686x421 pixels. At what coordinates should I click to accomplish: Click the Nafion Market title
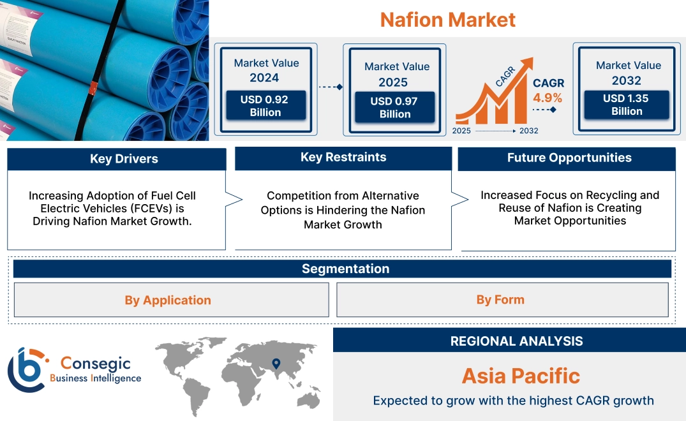pos(447,20)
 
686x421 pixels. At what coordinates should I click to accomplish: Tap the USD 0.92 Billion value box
pos(265,105)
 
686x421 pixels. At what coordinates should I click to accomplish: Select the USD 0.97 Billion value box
pos(394,107)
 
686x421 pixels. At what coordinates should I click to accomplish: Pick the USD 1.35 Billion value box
pos(627,105)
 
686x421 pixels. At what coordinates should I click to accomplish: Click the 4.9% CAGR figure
pos(548,98)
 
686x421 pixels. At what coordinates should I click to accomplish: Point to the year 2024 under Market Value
pos(264,78)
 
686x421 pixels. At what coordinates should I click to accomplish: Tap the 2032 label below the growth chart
pos(528,131)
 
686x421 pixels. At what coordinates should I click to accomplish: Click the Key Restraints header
pos(343,158)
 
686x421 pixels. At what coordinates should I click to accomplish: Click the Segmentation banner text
pos(346,269)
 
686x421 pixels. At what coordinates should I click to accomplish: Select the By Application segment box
pos(172,300)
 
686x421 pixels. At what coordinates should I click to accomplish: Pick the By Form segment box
pos(502,300)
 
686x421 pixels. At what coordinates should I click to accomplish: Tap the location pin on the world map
pos(276,364)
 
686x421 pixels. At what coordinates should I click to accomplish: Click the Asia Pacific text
pos(521,376)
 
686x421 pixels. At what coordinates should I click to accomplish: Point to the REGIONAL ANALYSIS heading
pos(517,341)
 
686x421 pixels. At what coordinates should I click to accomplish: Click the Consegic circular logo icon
pos(26,370)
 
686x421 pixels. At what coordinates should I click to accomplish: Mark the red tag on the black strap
pos(93,88)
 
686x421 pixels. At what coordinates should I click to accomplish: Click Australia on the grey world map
pos(309,399)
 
